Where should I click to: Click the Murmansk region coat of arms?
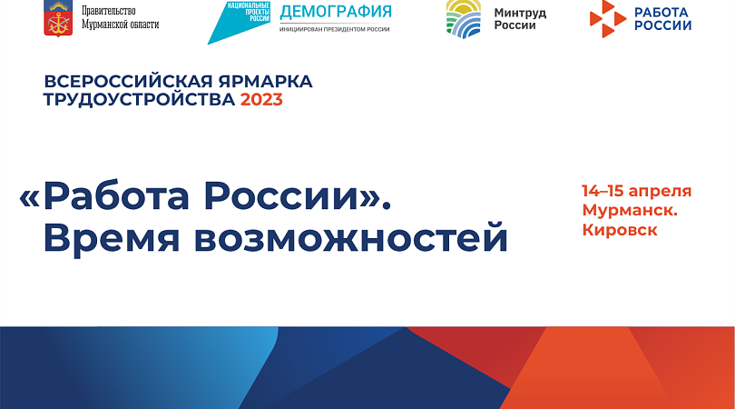[x=58, y=18]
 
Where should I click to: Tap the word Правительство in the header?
[x=109, y=11]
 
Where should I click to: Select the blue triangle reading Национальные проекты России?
[x=239, y=22]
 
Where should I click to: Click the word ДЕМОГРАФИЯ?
[x=336, y=11]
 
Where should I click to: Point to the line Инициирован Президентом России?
[x=334, y=29]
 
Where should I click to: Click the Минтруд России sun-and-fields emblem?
[x=463, y=19]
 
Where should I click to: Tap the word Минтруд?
[x=520, y=13]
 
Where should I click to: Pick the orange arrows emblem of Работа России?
[x=608, y=19]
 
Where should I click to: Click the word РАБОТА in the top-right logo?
[x=661, y=12]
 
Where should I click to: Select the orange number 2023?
[x=261, y=100]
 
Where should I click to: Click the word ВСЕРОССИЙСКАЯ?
[x=128, y=81]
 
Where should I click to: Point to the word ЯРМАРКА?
[x=265, y=81]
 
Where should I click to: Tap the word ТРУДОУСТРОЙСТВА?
[x=139, y=100]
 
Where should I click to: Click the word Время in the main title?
[x=112, y=237]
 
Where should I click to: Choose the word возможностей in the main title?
[x=351, y=237]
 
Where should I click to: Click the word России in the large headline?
[x=280, y=196]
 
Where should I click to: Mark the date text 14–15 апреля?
[x=637, y=192]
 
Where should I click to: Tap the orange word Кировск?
[x=620, y=230]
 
